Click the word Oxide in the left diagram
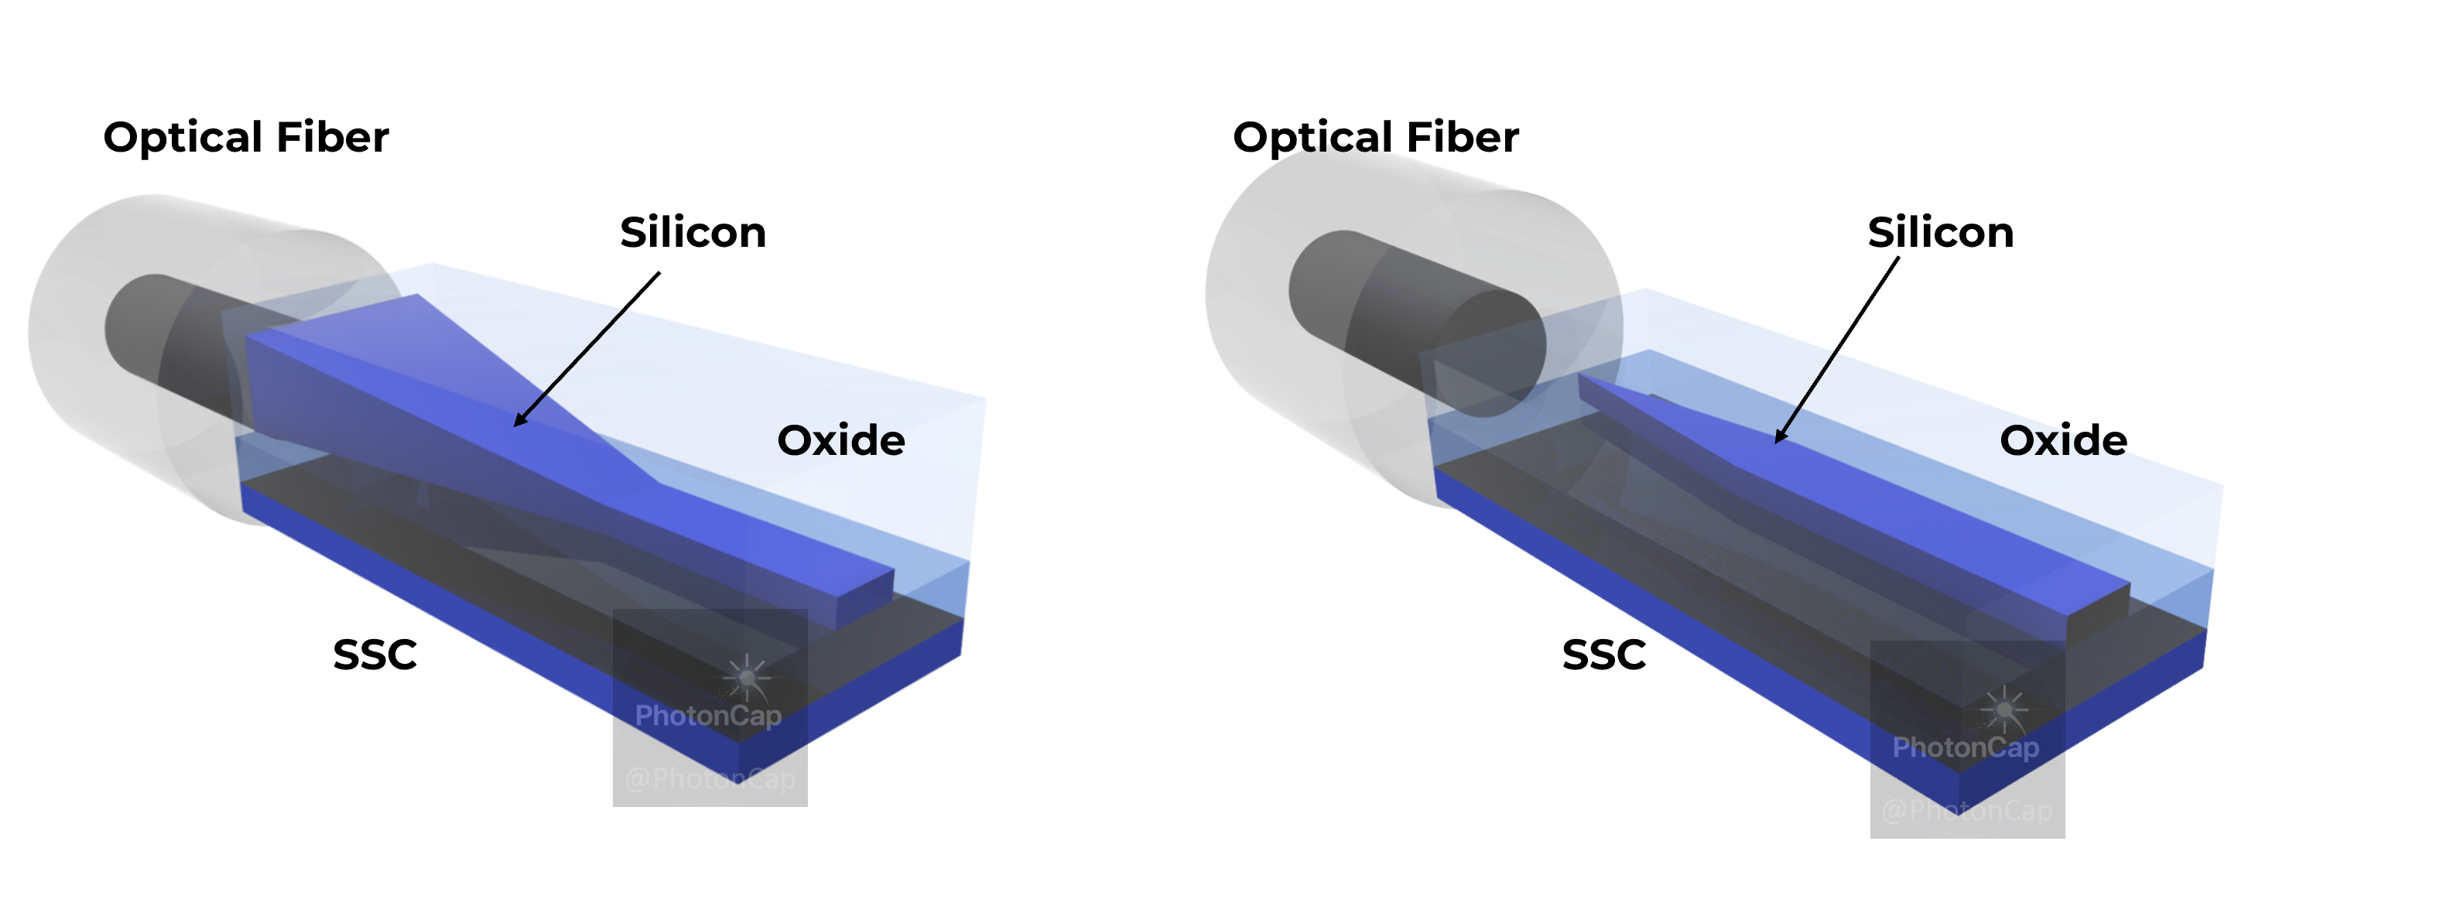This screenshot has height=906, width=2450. click(840, 440)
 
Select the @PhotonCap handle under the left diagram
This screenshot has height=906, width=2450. click(710, 778)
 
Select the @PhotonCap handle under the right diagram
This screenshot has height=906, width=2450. click(1966, 810)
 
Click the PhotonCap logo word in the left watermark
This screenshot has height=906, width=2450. click(707, 715)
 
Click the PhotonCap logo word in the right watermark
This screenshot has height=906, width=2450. click(1965, 747)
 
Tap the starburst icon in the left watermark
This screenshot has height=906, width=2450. click(748, 676)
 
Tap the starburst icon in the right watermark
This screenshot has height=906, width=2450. click(2005, 708)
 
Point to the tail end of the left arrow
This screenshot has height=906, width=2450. click(624, 308)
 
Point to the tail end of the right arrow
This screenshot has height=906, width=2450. click(1836, 354)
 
